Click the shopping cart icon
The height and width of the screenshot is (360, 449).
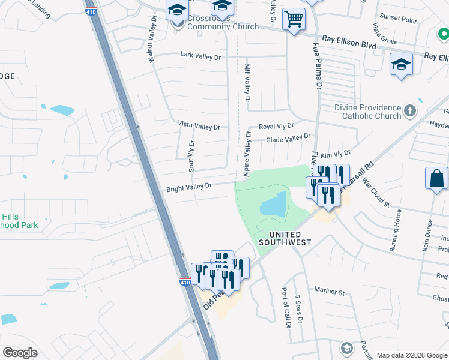(x=294, y=19)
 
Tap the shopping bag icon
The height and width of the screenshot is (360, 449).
(x=436, y=178)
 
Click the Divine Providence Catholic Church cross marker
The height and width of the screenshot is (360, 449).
(x=409, y=111)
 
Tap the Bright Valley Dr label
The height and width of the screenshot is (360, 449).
(x=189, y=187)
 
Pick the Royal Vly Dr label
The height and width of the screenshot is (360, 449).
(x=276, y=127)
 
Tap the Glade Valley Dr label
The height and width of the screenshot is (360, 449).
(x=288, y=139)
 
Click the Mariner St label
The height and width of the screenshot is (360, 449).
(x=332, y=293)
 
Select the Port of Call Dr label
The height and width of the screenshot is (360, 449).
(x=286, y=307)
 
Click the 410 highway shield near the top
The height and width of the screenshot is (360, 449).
(x=91, y=11)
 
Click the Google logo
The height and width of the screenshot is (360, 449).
(x=20, y=353)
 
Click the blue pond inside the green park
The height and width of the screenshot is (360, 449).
(x=274, y=205)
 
